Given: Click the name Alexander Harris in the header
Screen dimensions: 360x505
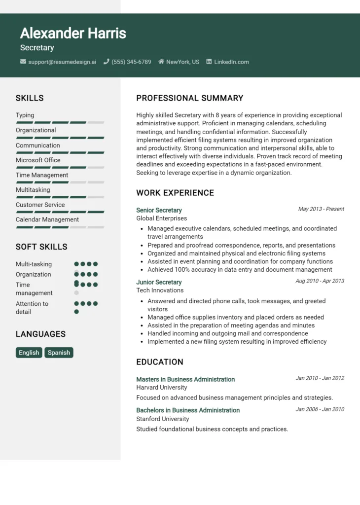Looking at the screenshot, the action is (x=73, y=34).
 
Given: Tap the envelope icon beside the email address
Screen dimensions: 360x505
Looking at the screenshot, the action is (x=23, y=62).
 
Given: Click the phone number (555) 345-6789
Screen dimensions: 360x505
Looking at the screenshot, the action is (x=131, y=62).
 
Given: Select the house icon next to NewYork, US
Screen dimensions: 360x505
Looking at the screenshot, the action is (x=161, y=62).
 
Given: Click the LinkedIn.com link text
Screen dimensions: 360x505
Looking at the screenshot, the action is (x=231, y=62).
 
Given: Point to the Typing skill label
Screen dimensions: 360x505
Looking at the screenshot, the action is (x=25, y=115).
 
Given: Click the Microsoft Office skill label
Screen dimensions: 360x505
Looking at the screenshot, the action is (x=38, y=160).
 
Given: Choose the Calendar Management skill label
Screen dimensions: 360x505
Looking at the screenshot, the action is (x=47, y=219).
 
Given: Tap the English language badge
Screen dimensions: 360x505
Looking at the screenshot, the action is (x=29, y=353).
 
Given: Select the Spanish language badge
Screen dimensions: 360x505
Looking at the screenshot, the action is (x=59, y=353).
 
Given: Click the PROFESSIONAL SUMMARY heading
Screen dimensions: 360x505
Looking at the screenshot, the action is (x=190, y=98).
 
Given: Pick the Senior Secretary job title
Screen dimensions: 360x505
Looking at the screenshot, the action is (x=159, y=210).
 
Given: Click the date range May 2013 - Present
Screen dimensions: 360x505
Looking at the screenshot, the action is (x=321, y=209).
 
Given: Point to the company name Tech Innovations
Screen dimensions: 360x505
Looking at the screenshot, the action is (x=160, y=290).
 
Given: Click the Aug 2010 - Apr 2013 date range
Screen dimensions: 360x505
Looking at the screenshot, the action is (x=320, y=281).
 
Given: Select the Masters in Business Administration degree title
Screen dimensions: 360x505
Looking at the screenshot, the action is (x=185, y=379).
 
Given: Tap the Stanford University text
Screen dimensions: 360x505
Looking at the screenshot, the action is (x=163, y=419).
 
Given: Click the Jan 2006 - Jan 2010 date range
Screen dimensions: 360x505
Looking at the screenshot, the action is (x=320, y=409).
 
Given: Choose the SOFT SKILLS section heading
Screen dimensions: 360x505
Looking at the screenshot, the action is (x=41, y=247).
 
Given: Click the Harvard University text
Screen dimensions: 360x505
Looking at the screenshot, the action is (x=162, y=388).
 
